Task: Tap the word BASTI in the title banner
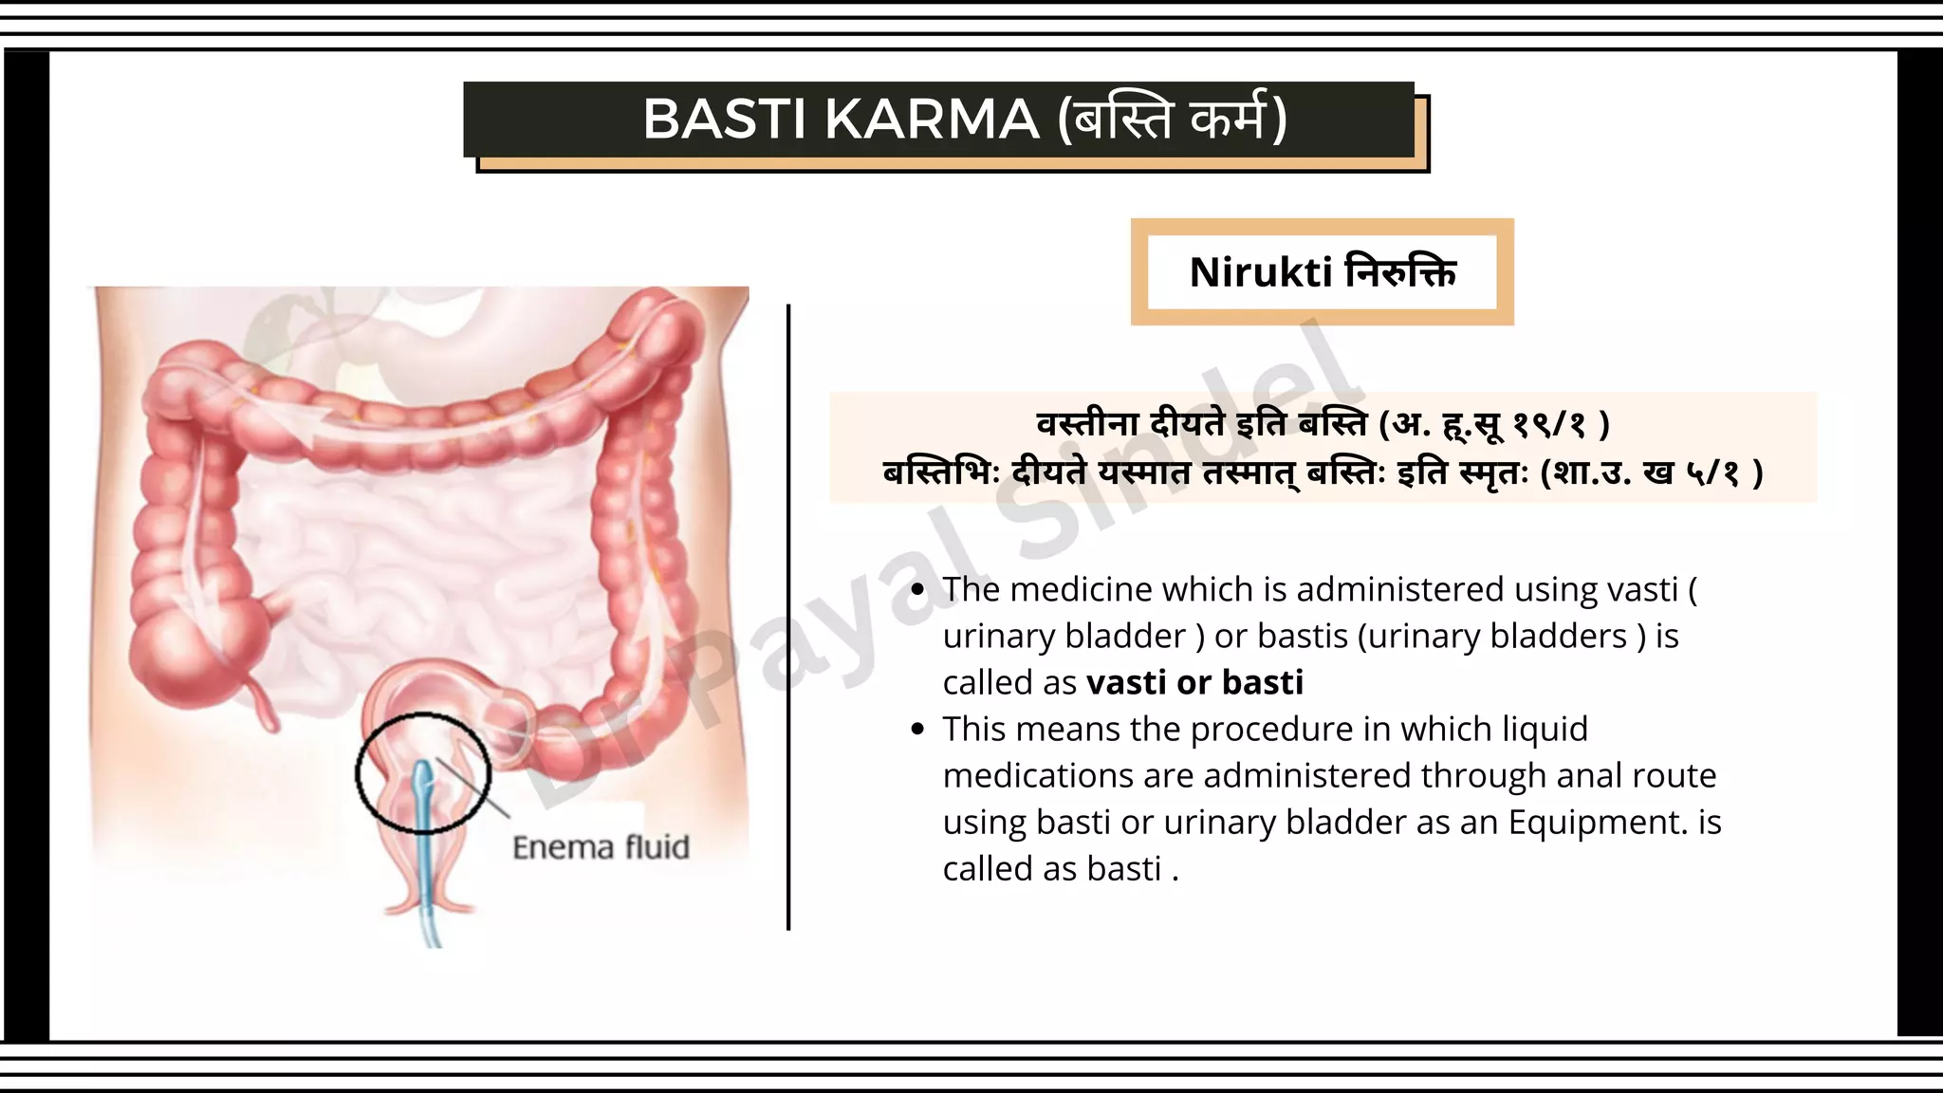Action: (x=726, y=120)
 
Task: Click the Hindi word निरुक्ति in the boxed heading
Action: (x=1400, y=272)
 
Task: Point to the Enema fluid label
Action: (x=601, y=846)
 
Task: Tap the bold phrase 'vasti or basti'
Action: (x=1194, y=682)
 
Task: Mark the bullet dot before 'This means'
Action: (x=916, y=730)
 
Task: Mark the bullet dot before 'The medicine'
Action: (x=916, y=590)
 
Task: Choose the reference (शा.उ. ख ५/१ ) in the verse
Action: (x=1651, y=472)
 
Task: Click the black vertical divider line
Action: (x=788, y=617)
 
